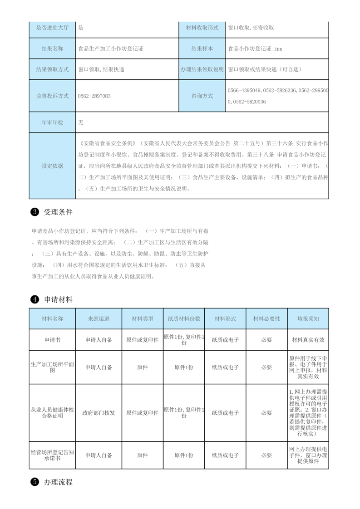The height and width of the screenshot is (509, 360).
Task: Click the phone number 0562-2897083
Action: (94, 96)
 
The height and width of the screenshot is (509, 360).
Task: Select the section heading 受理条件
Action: (58, 212)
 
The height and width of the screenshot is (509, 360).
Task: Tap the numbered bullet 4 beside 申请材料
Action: (34, 299)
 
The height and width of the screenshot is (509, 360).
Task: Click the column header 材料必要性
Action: (266, 319)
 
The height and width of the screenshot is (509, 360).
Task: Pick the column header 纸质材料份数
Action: (184, 319)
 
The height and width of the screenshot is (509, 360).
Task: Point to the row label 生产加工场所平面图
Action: (52, 367)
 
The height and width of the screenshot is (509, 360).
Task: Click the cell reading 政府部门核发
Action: (99, 413)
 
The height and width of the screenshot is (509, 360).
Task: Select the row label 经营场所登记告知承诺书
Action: (52, 455)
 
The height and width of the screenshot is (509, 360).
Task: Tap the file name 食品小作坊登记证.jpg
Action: (257, 49)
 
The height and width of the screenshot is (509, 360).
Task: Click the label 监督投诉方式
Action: (52, 96)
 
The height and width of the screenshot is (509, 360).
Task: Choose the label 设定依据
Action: (52, 166)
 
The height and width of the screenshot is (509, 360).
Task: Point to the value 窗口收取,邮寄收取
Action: (251, 28)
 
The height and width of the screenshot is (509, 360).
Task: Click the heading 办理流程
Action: (58, 482)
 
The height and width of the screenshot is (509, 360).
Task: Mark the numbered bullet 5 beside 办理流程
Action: (34, 482)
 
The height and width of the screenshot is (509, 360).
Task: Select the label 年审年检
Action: (52, 122)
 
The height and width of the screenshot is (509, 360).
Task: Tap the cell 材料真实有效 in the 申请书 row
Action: (308, 339)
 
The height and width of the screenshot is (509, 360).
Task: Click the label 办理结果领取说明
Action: (202, 69)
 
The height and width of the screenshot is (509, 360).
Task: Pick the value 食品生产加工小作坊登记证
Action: (111, 49)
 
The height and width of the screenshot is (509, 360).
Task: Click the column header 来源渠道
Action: (99, 319)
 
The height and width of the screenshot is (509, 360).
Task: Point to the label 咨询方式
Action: (202, 96)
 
